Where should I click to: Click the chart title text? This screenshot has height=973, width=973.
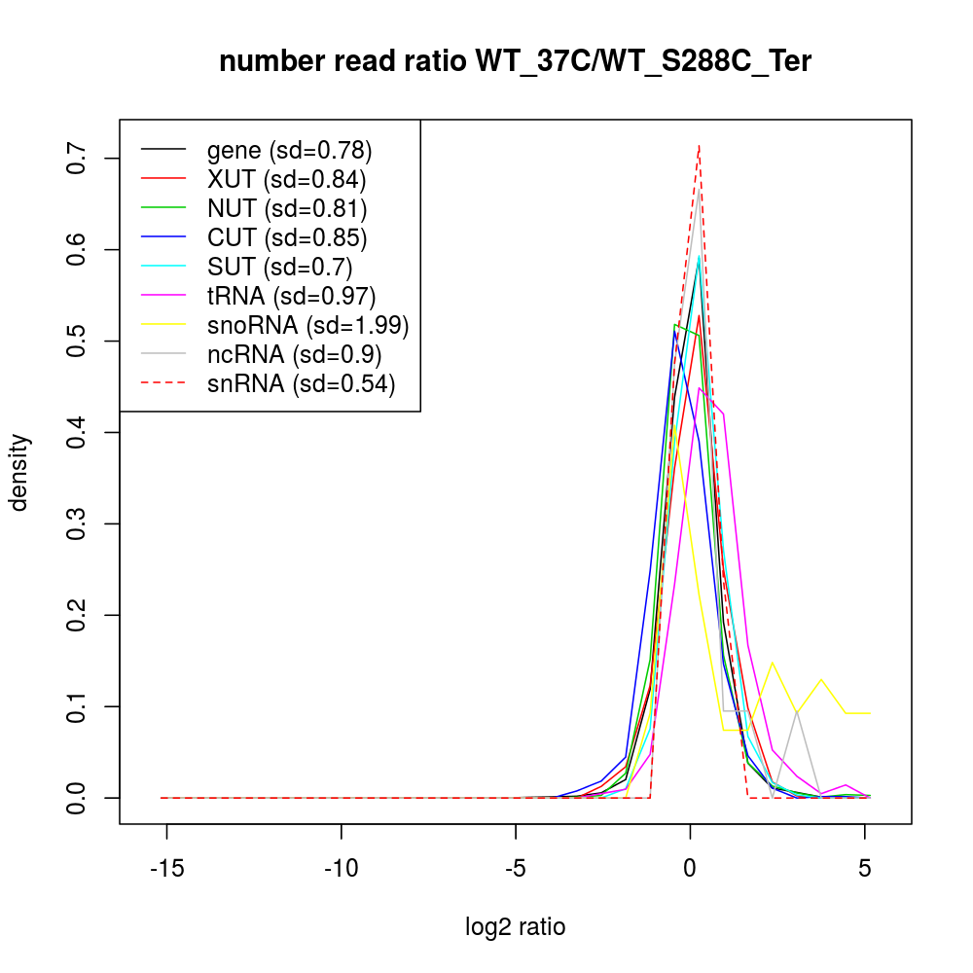(x=515, y=61)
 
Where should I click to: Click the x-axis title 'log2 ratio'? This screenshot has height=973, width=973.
(x=515, y=927)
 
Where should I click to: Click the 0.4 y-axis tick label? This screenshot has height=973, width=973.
(x=76, y=432)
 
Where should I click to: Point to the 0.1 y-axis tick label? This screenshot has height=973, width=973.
(x=76, y=706)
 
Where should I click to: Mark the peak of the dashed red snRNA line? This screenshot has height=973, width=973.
(x=699, y=146)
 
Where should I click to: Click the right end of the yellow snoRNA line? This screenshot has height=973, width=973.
(x=870, y=713)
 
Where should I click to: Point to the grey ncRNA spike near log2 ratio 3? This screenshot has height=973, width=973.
(x=797, y=711)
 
